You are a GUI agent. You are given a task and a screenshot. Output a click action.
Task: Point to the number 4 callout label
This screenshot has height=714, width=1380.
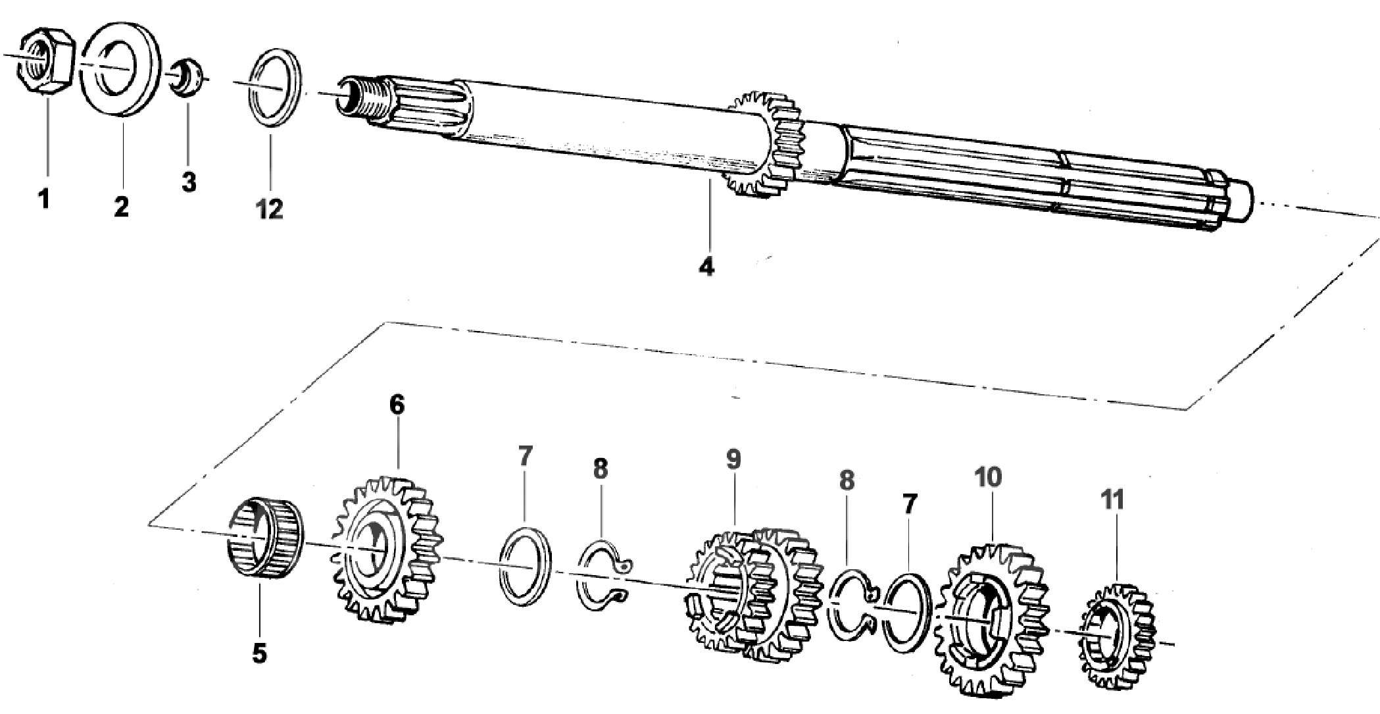tap(706, 267)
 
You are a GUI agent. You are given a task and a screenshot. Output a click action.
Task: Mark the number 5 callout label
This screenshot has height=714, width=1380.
tap(260, 653)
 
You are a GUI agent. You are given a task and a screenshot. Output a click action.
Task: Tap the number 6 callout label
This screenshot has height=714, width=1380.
tap(397, 405)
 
